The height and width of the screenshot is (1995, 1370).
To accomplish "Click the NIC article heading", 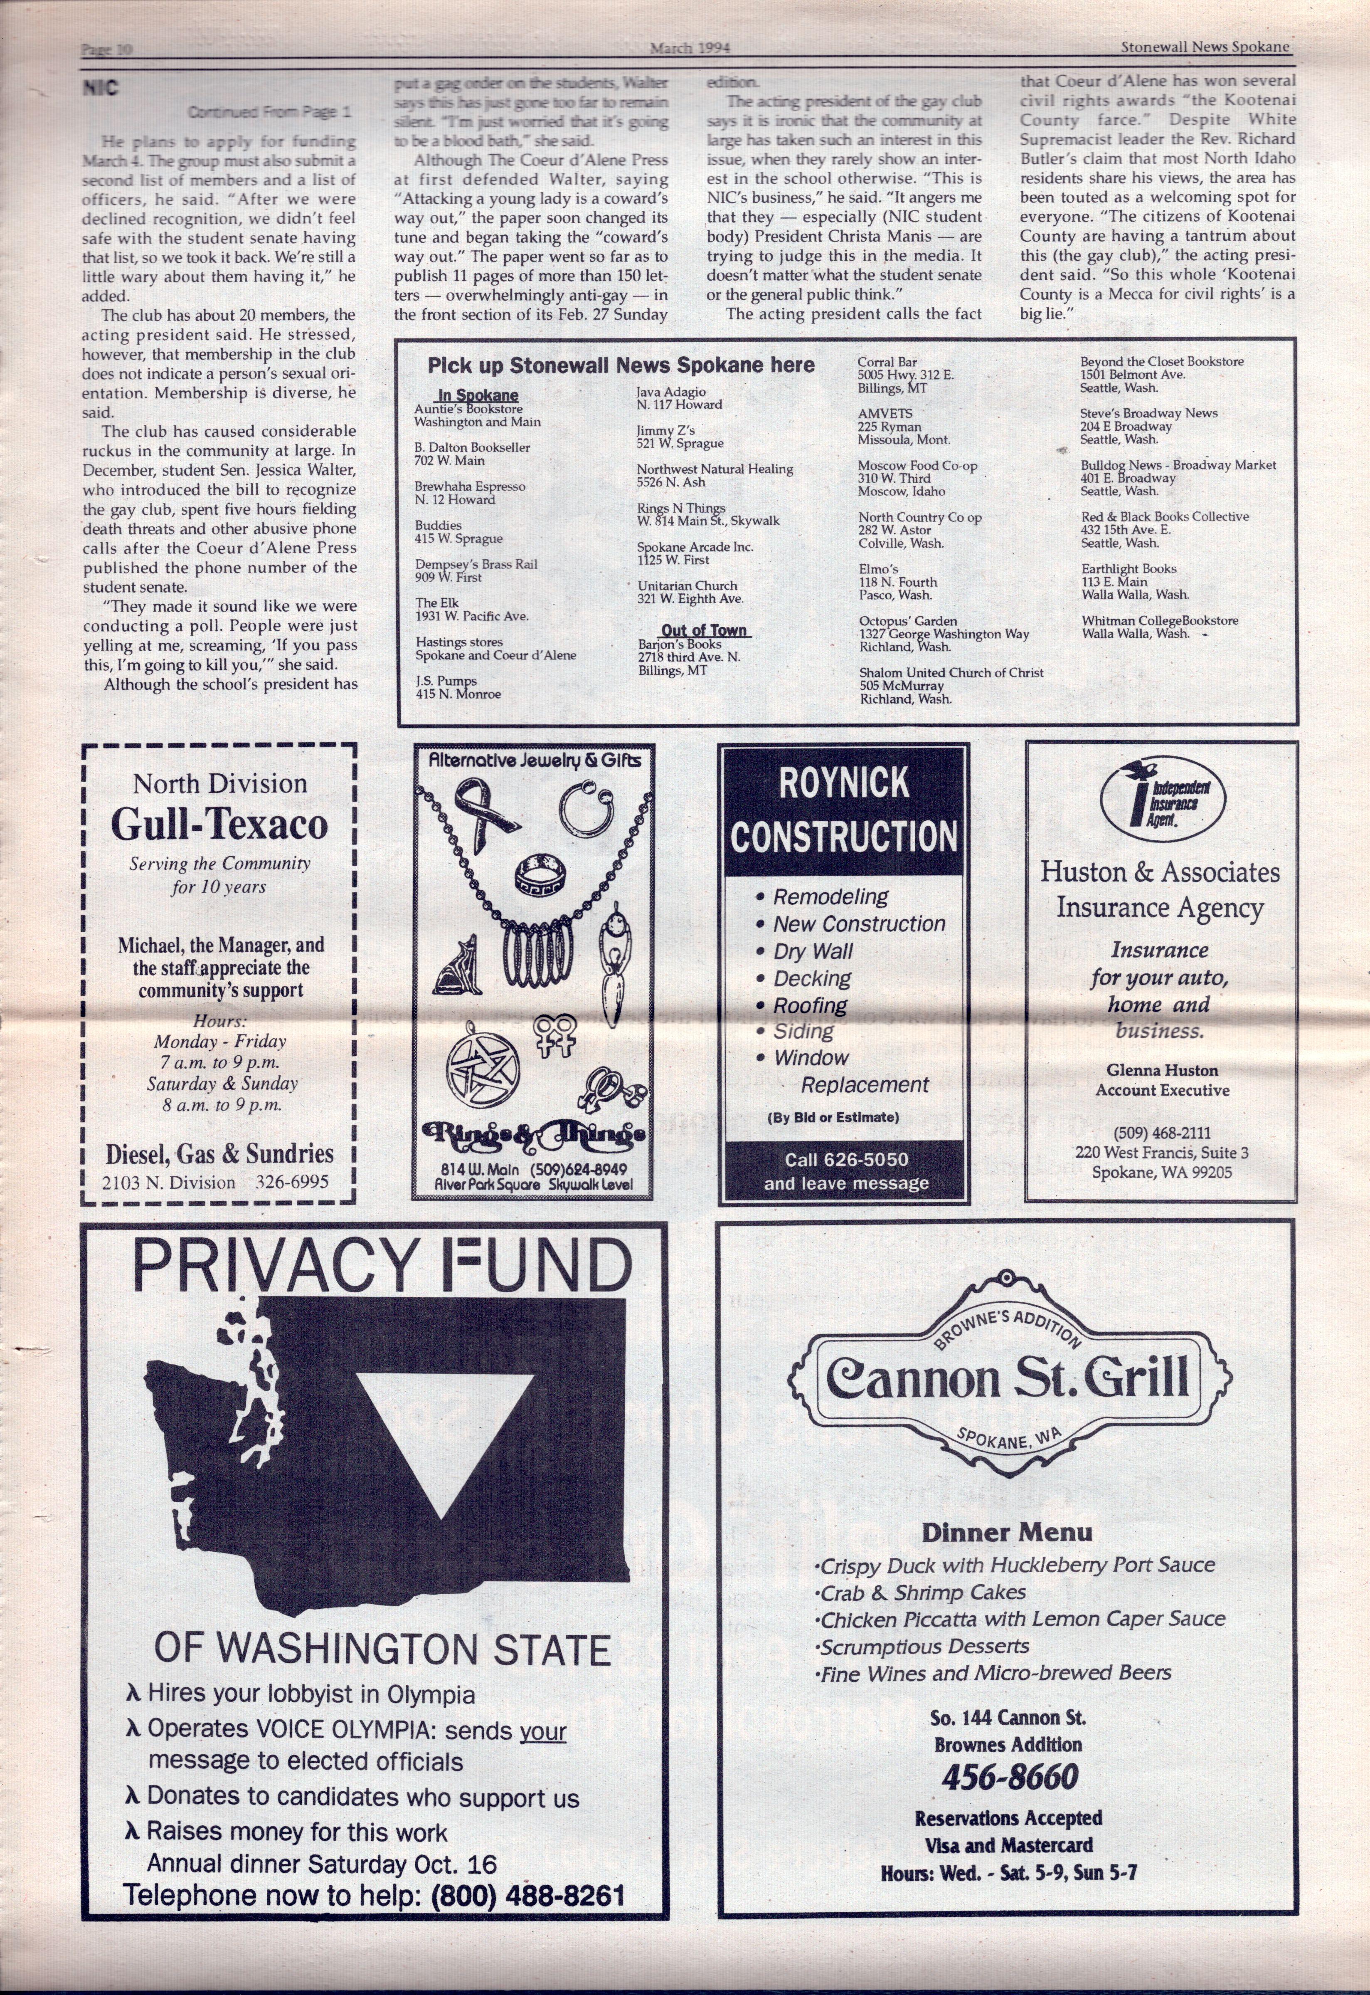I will pyautogui.click(x=101, y=89).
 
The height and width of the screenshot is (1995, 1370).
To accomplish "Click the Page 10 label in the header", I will pyautogui.click(x=106, y=50).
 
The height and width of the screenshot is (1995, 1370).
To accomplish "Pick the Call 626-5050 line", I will pyautogui.click(x=845, y=1160).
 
